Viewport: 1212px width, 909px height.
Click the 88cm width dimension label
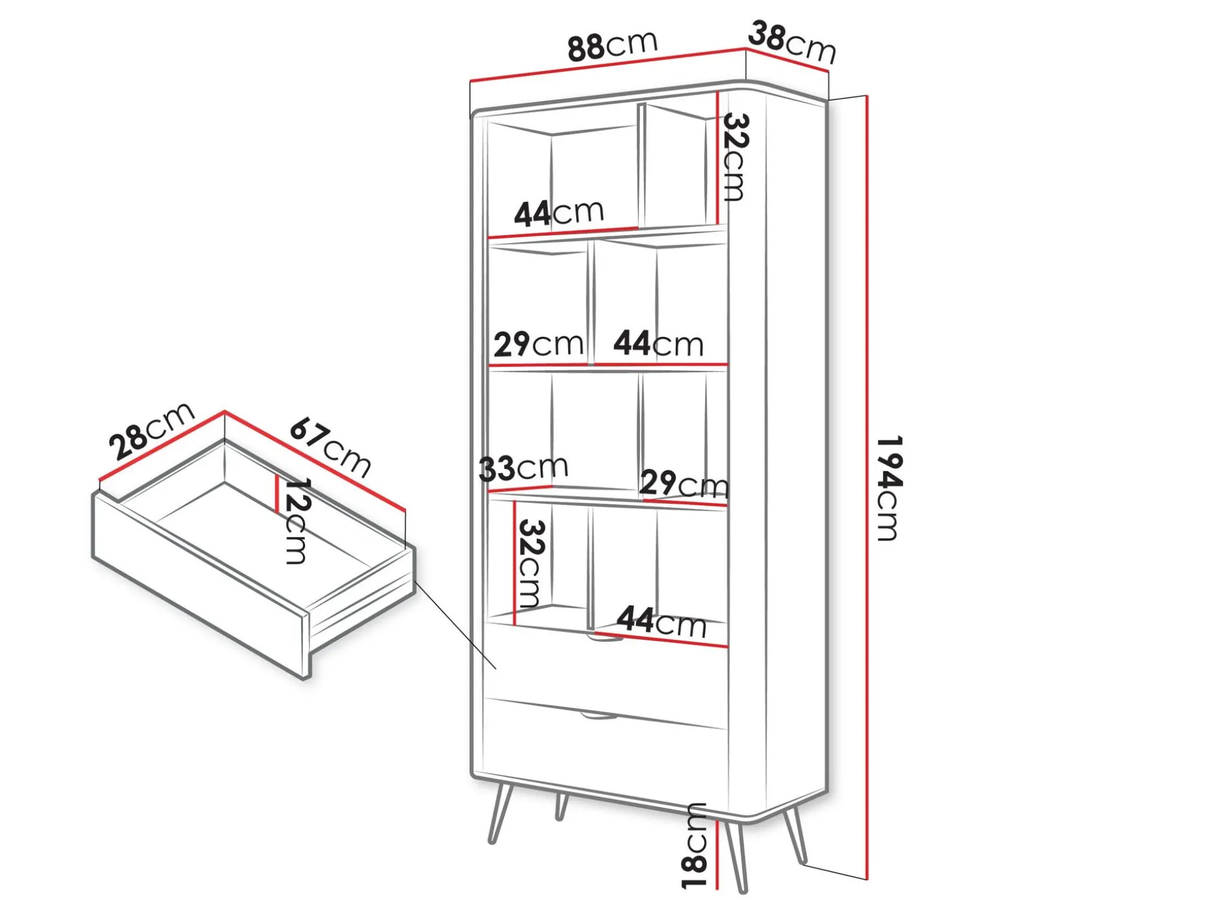pyautogui.click(x=612, y=45)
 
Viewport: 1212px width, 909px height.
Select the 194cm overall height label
pyautogui.click(x=887, y=488)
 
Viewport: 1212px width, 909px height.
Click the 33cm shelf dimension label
pyautogui.click(x=523, y=467)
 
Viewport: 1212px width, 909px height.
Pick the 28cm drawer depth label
pyautogui.click(x=151, y=431)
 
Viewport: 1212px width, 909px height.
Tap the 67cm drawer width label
pyautogui.click(x=330, y=448)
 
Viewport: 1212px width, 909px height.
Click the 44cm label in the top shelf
pyautogui.click(x=559, y=212)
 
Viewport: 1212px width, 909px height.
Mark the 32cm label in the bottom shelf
pyautogui.click(x=529, y=563)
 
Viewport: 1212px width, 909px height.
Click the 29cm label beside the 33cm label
pyautogui.click(x=684, y=484)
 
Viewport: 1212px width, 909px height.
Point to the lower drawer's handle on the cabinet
pyautogui.click(x=599, y=716)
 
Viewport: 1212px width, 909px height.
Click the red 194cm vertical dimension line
pyautogui.click(x=867, y=488)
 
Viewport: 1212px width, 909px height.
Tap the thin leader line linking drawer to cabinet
pyautogui.click(x=455, y=624)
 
